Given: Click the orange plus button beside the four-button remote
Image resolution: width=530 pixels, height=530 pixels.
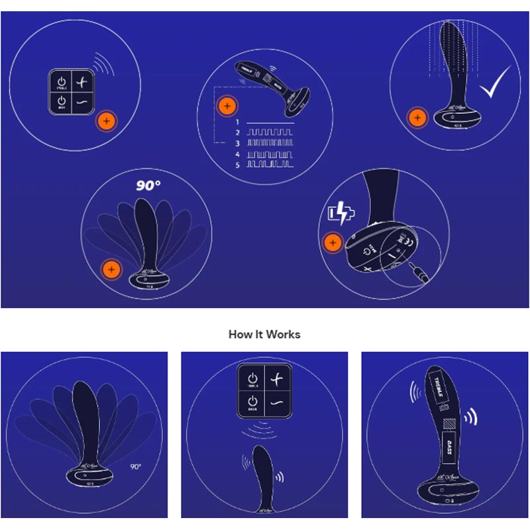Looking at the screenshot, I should tap(105, 121).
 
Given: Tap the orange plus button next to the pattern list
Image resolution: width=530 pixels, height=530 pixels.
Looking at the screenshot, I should tap(227, 106).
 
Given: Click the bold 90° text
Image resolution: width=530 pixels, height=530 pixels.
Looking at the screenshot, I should tap(149, 185).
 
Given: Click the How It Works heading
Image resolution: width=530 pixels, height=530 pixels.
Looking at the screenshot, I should tap(264, 334).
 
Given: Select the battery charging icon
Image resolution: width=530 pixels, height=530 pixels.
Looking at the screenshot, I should tap(339, 215).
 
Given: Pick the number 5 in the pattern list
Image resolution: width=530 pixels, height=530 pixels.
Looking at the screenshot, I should tap(236, 164).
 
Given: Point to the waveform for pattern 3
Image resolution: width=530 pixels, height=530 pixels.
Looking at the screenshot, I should tap(270, 142).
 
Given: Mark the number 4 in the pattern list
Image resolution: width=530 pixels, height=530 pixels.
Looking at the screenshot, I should tap(236, 154).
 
